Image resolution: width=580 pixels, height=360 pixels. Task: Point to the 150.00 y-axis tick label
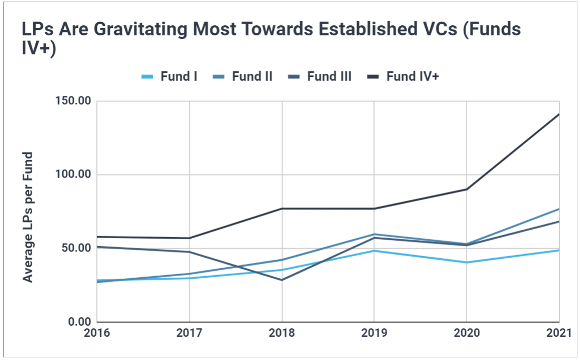[74, 101]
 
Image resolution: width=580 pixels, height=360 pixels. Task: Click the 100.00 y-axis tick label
[74, 174]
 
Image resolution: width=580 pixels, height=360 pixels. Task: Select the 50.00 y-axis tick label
[76, 248]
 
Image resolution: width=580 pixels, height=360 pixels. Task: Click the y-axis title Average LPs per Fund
[28, 217]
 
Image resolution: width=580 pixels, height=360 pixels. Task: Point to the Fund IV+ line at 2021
[558, 114]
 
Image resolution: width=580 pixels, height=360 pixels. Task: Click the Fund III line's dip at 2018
[282, 280]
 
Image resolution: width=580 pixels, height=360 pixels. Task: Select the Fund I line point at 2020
[466, 262]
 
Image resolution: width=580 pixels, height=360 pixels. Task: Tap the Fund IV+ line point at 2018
[282, 209]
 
